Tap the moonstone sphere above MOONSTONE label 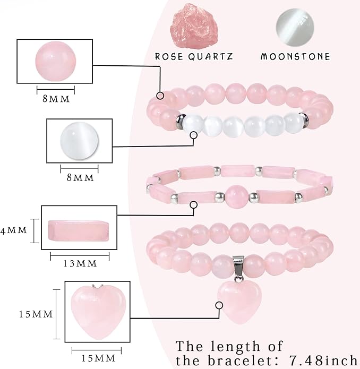point(295,28)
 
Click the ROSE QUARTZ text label point(194,56)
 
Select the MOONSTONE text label point(295,56)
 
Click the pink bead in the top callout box point(56,61)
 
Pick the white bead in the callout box point(79,141)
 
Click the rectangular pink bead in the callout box point(79,230)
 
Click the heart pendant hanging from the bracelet point(239,302)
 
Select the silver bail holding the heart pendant point(238,267)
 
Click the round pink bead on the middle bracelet point(236,197)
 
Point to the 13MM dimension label point(80,263)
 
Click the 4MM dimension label point(14,230)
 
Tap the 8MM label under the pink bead point(56,99)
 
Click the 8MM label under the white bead point(80,178)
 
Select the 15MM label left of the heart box point(36,314)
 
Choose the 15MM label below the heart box point(98,358)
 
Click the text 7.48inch point(323,360)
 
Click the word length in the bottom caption point(235,346)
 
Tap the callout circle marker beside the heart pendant point(219,305)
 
